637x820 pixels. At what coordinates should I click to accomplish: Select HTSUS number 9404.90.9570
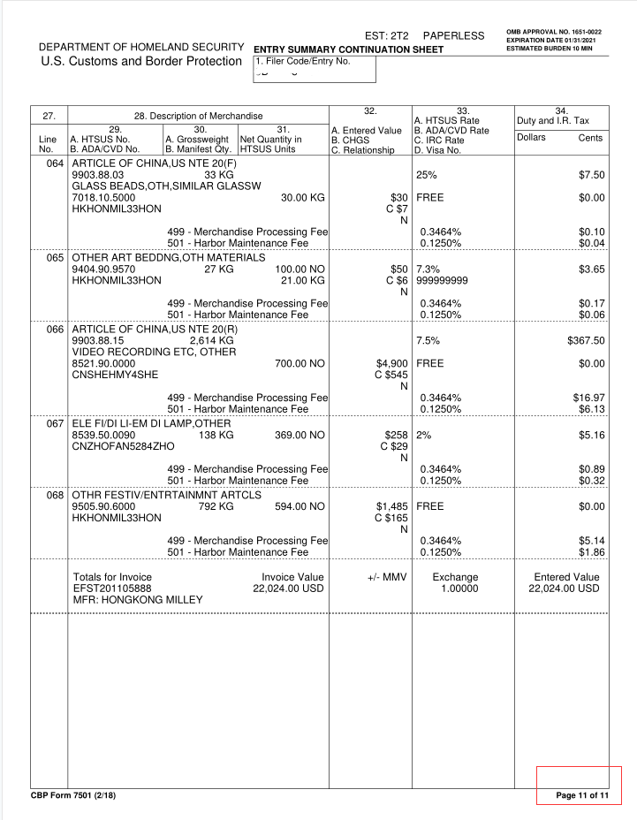click(103, 269)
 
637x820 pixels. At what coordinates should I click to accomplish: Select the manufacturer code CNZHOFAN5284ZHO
click(122, 447)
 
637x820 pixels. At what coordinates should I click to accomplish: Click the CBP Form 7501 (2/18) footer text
click(73, 796)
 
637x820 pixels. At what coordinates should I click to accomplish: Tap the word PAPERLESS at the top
click(453, 35)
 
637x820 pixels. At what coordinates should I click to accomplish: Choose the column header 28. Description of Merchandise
click(198, 117)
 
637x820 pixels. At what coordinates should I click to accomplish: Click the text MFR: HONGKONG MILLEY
click(138, 600)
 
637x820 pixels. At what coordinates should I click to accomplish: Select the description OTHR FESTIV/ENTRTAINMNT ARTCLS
click(166, 495)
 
